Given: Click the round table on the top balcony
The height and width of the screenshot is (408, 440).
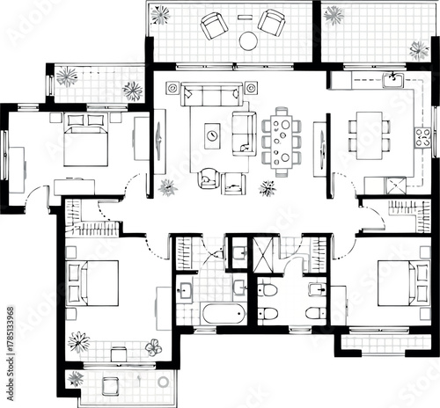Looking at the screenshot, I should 249,40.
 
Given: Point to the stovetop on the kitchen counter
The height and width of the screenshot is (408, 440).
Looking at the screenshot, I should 422,136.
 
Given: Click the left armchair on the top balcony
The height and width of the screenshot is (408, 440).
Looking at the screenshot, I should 214,26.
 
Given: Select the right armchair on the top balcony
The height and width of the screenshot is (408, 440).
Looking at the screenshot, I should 271,22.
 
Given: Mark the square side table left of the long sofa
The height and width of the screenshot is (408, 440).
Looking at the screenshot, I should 172,88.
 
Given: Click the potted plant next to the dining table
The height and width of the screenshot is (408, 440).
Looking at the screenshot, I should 268,187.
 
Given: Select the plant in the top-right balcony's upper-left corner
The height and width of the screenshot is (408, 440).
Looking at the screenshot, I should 334,14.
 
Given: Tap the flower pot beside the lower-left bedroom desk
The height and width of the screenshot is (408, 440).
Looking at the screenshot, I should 153,347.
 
